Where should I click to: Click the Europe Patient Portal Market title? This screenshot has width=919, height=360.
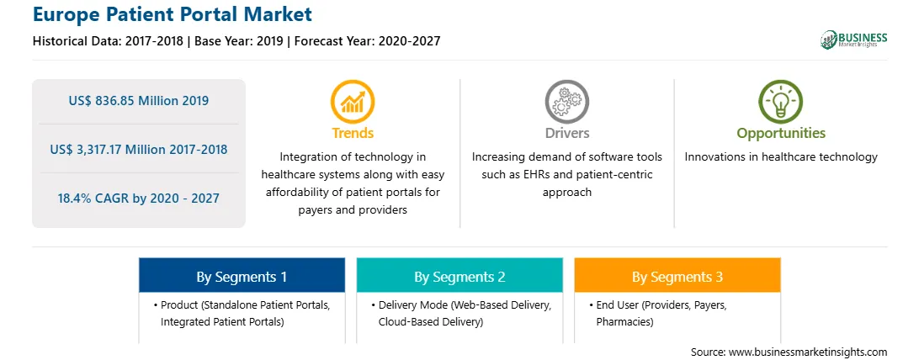[x=173, y=15]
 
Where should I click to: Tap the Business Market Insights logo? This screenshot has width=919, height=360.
[x=853, y=40]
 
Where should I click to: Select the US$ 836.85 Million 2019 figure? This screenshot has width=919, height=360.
[x=138, y=101]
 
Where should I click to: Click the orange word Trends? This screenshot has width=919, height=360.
[x=353, y=133]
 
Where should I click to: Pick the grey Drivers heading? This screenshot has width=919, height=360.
[x=566, y=133]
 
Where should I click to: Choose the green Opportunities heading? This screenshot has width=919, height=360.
[x=781, y=134]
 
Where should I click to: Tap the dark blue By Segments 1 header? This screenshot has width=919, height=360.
[x=242, y=276]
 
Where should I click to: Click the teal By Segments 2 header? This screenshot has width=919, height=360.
[x=459, y=276]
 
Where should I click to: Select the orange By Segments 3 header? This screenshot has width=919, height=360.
[x=677, y=276]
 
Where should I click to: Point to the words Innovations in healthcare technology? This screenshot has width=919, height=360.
[x=781, y=157]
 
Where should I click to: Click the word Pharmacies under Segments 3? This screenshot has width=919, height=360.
[x=624, y=321]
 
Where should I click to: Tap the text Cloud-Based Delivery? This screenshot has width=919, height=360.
[x=431, y=321]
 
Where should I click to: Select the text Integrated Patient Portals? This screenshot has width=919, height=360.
[x=223, y=321]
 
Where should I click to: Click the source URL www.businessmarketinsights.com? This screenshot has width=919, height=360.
[x=808, y=352]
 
